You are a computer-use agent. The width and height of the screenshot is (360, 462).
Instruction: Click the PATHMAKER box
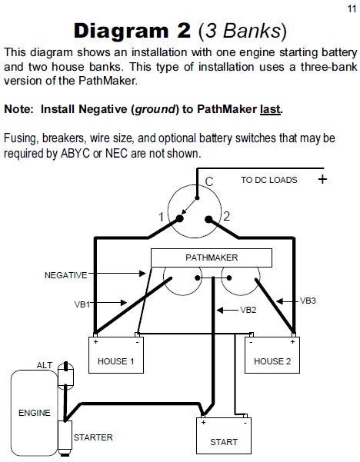pos(212,258)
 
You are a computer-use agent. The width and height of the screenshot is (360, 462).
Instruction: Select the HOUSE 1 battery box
pos(116,355)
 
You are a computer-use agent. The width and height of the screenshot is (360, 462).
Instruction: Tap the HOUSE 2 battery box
pos(272,355)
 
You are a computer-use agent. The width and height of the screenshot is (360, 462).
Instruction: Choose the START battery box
pos(224,436)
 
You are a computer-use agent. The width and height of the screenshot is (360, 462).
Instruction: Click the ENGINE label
pos(35,413)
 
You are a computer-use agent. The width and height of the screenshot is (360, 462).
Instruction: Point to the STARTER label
pos(93,437)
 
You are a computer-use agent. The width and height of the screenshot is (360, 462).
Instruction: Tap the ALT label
pos(44,365)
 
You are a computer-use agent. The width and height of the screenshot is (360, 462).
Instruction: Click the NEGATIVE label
pos(65,275)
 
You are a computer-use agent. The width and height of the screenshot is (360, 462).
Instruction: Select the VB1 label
pos(82,304)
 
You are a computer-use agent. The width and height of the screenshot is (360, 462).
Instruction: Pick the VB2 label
pos(248,310)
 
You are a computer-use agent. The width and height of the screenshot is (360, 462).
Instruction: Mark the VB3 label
pos(308,301)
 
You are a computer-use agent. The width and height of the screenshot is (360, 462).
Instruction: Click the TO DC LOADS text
pos(269,180)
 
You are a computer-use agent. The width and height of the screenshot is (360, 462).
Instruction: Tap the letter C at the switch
pos(209,181)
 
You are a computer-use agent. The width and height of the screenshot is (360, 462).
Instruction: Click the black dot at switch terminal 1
pos(179,218)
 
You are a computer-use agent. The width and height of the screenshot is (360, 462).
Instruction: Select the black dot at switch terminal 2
pos(208,219)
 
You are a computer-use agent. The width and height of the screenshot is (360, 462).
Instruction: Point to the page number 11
pos(352,8)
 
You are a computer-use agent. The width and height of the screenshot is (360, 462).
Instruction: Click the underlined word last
pos(270,109)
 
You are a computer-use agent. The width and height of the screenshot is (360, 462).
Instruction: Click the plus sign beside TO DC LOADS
pos(323,179)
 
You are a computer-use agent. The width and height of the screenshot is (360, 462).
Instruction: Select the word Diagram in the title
pos(122,31)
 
